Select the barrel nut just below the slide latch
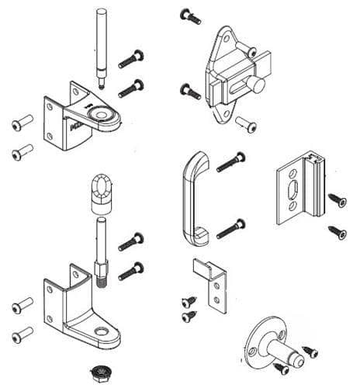(x=249, y=123)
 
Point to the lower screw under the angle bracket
(x=188, y=317)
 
